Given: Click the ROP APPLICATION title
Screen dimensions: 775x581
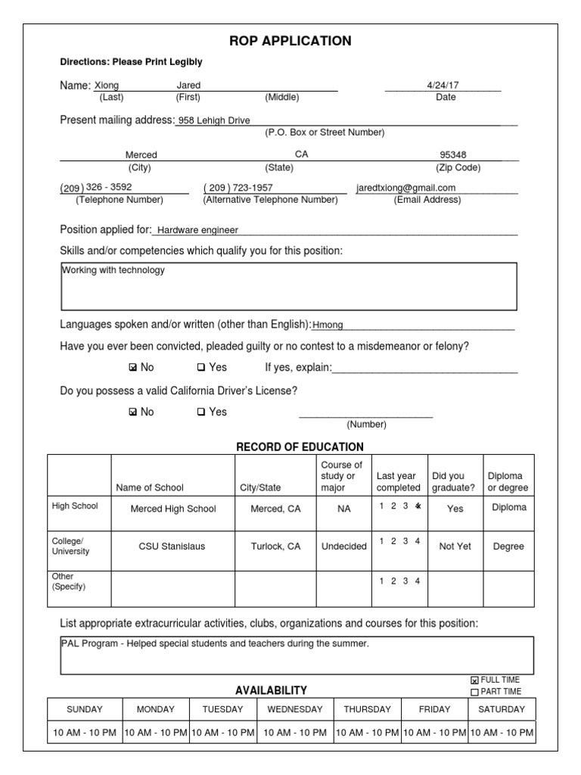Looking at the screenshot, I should (290, 41).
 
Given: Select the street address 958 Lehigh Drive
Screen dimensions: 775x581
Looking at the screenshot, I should (213, 120).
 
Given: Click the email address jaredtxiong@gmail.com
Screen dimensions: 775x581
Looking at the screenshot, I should (406, 188).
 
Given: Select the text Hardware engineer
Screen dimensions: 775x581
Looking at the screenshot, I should (197, 230).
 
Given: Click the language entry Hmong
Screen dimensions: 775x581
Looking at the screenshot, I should (328, 325).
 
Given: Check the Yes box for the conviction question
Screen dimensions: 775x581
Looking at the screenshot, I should (201, 368).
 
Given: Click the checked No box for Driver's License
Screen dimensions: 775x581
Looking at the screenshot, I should (133, 412).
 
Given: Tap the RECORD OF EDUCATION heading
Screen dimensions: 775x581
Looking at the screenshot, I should (300, 447).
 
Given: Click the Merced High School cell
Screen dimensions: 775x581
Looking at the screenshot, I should (173, 509).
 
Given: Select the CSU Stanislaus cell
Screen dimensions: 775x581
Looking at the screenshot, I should (172, 546).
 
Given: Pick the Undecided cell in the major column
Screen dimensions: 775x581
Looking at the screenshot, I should (343, 546).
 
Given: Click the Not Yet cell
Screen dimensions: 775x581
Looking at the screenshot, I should (455, 546).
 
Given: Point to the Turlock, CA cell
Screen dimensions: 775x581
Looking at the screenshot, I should (275, 546).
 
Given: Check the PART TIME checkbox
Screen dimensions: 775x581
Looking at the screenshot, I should (474, 692).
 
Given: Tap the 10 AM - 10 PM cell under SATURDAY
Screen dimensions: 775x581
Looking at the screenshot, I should (502, 733).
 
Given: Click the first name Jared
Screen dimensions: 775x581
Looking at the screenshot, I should (188, 86).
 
